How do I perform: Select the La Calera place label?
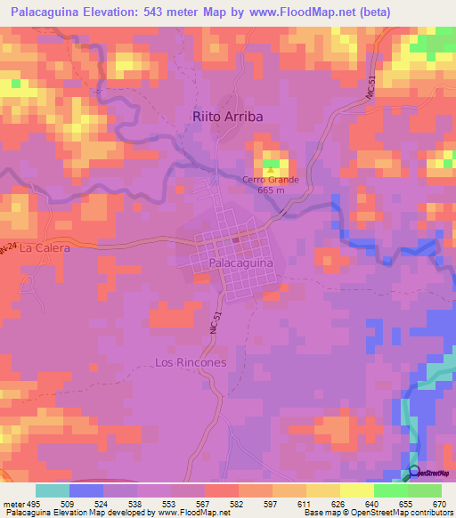[x=45, y=248]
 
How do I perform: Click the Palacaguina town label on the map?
[x=240, y=264]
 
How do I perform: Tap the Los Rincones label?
[x=191, y=363]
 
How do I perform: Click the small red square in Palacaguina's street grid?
[x=236, y=239]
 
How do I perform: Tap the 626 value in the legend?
[x=339, y=503]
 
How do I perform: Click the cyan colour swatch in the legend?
[x=53, y=490]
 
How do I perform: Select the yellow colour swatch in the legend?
[x=357, y=490]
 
